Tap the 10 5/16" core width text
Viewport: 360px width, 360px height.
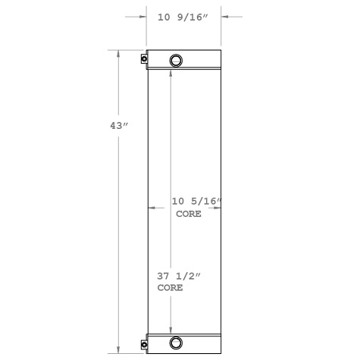[196, 202]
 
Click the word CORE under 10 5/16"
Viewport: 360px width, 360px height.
[188, 214]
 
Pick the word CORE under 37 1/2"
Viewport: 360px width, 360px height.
[170, 289]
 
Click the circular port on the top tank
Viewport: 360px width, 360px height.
[176, 61]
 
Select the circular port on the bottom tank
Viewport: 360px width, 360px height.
[176, 343]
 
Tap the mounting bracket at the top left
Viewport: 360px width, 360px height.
[144, 59]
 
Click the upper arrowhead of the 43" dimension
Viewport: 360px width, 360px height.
[117, 54]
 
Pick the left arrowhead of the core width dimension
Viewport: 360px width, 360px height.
[152, 206]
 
